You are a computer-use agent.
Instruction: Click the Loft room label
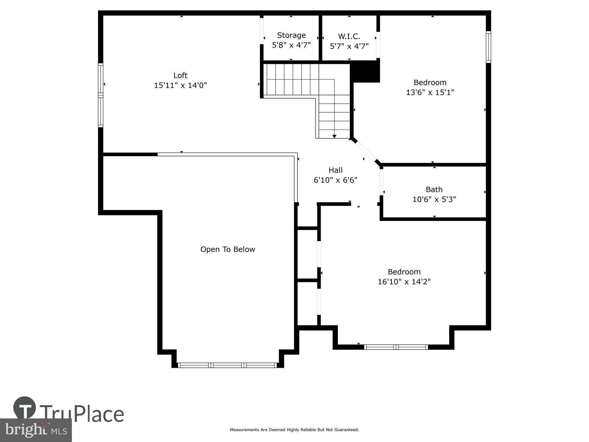(180, 75)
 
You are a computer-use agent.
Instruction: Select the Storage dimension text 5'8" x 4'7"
(291, 45)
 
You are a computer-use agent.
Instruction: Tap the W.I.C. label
(349, 37)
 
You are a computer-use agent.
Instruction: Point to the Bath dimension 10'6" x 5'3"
(434, 199)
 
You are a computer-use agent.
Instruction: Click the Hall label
(335, 170)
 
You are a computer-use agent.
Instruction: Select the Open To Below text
(228, 249)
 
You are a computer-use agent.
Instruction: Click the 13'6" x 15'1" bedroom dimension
(430, 93)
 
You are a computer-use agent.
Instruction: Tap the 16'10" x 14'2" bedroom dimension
(404, 282)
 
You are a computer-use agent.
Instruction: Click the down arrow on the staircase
(335, 136)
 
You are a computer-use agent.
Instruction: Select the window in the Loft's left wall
(101, 95)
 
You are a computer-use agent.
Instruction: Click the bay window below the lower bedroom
(396, 347)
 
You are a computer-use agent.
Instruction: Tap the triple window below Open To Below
(227, 365)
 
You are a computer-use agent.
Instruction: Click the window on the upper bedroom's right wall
(488, 47)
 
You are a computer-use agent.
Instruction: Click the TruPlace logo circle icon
(25, 408)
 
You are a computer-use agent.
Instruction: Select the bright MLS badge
(36, 430)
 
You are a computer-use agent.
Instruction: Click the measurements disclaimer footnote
(294, 430)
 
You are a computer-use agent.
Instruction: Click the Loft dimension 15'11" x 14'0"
(180, 85)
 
